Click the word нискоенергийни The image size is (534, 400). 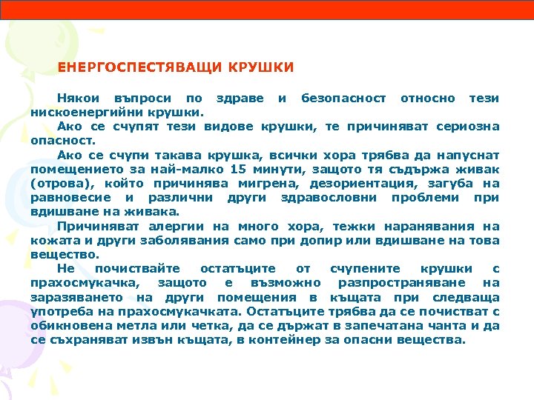tap(81, 113)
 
